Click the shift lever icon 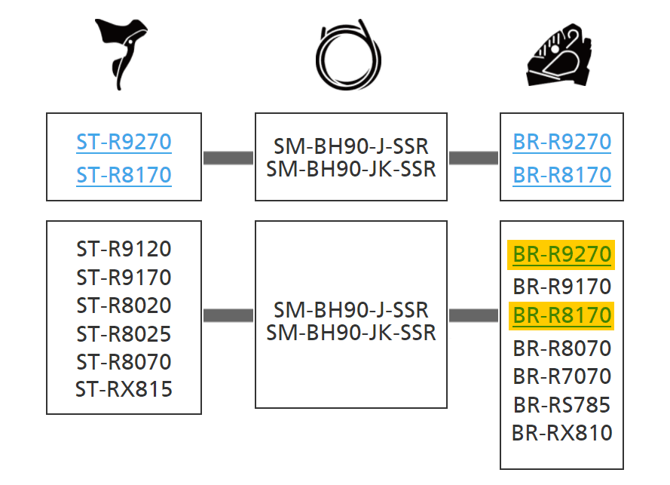point(121,53)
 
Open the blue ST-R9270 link point(124,141)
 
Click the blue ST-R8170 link point(124,175)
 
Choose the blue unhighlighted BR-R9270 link point(561,141)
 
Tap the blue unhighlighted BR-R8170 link point(561,175)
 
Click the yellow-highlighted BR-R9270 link point(561,255)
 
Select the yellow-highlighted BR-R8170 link point(561,314)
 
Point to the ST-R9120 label point(124,249)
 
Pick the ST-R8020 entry point(124,305)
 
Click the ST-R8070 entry point(124,361)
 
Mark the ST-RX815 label point(124,389)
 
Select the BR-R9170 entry point(561,287)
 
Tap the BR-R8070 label point(561,348)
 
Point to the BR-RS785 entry point(561,404)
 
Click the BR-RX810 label point(561,433)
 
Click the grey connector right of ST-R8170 point(228,158)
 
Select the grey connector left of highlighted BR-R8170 point(473,315)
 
